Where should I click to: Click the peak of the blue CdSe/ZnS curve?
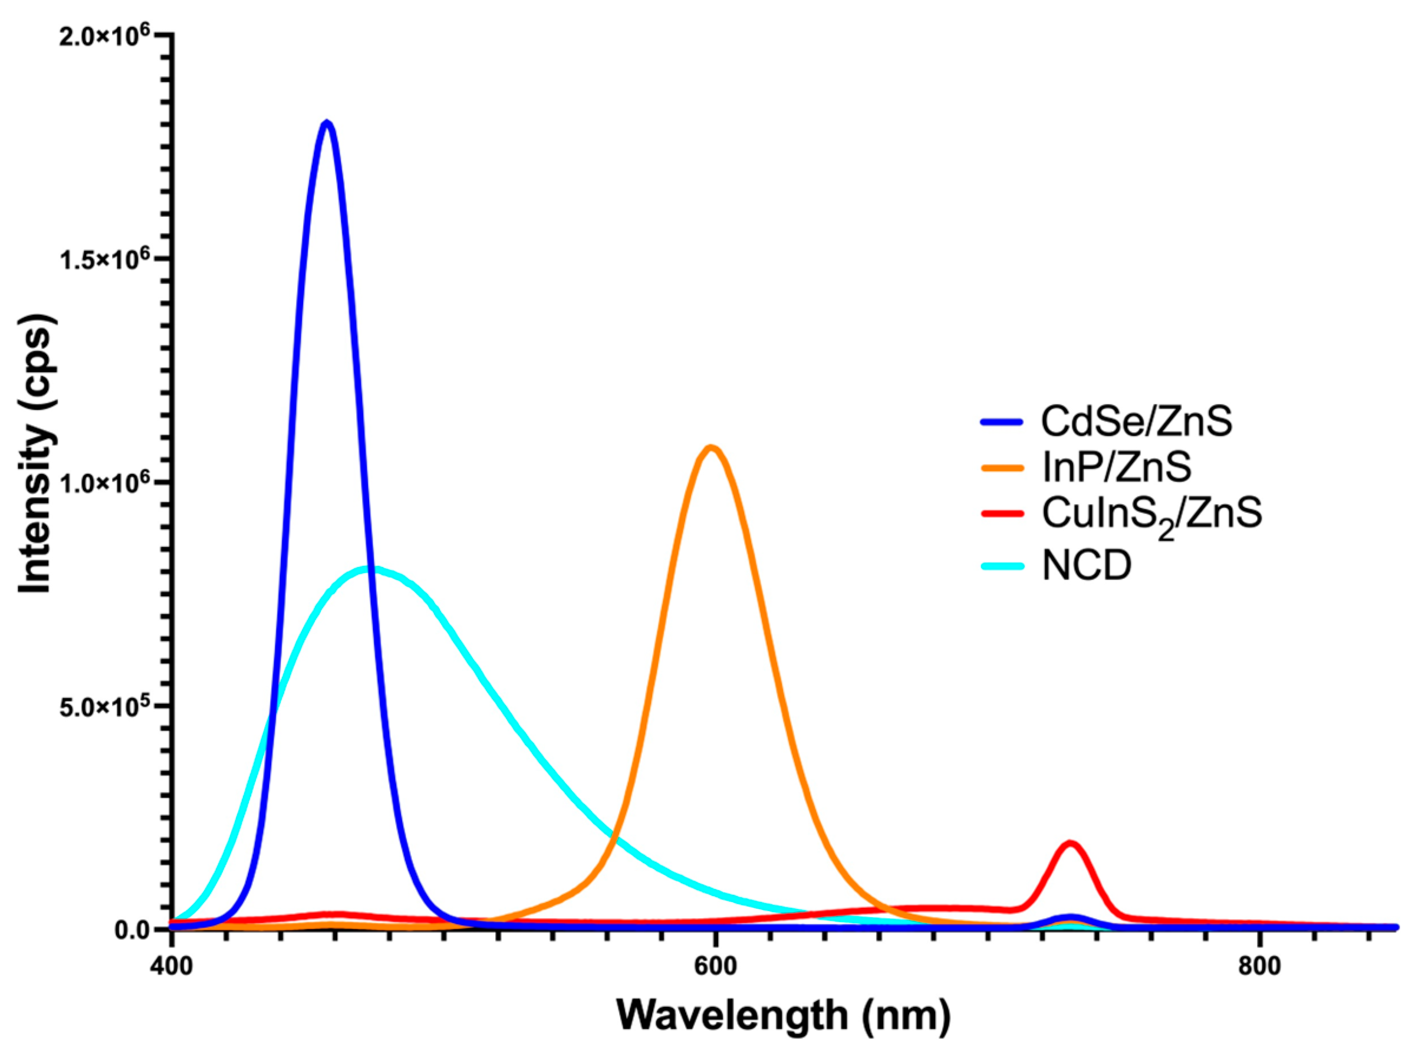pos(327,123)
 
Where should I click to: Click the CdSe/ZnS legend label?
pos(1136,422)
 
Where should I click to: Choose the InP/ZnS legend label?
pos(1116,468)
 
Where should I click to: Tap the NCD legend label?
pos(1087,565)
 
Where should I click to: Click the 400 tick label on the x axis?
pos(172,966)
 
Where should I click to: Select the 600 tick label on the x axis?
pos(715,966)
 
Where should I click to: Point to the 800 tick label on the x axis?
pos(1259,966)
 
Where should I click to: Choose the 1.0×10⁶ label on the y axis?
pos(105,482)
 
